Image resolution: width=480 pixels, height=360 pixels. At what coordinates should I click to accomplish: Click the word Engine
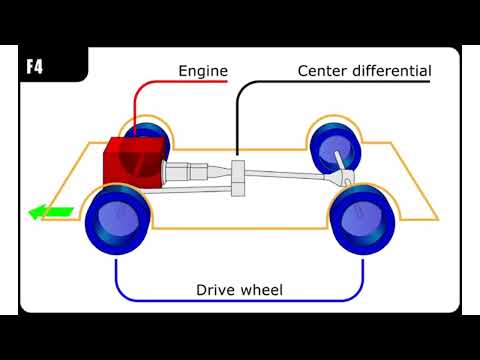pyautogui.click(x=203, y=71)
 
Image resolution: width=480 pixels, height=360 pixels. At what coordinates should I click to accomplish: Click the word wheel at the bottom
pyautogui.click(x=262, y=291)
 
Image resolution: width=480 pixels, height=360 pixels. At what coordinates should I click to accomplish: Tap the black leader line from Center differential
pyautogui.click(x=237, y=120)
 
